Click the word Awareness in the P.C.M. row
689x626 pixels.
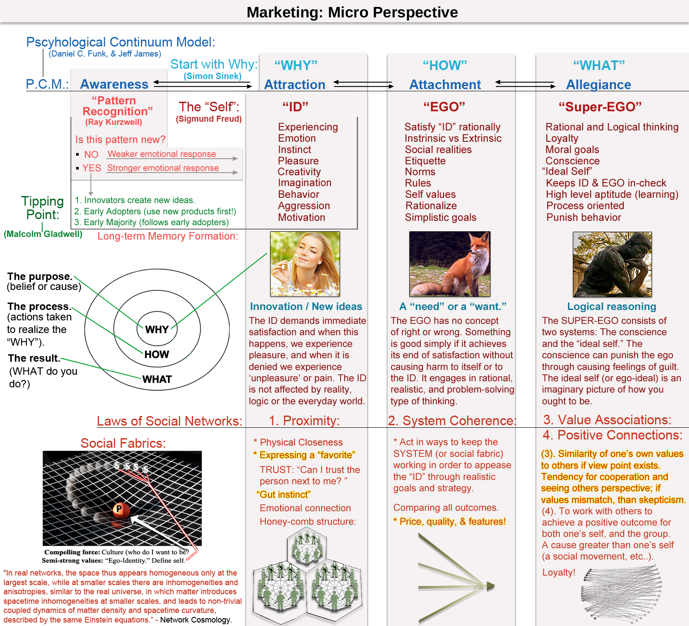point(114,84)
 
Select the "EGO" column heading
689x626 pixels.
point(444,107)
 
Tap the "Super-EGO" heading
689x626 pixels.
point(600,107)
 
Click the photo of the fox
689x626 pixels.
point(450,264)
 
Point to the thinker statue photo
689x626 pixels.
point(612,264)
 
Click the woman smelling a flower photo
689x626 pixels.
point(305,264)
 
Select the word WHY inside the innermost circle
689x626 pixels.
point(157,330)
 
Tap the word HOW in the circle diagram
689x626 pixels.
point(157,354)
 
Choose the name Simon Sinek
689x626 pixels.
point(212,76)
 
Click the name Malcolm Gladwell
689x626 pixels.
point(43,234)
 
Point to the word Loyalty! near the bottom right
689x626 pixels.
point(559,573)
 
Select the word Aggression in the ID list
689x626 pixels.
point(304,206)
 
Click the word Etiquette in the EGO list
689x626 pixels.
point(425,161)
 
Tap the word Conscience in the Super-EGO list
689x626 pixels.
point(572,161)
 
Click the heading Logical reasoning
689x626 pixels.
point(611,306)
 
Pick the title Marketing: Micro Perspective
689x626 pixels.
point(352,12)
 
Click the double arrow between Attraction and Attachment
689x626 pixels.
point(364,84)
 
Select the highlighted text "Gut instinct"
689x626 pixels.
point(284,494)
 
